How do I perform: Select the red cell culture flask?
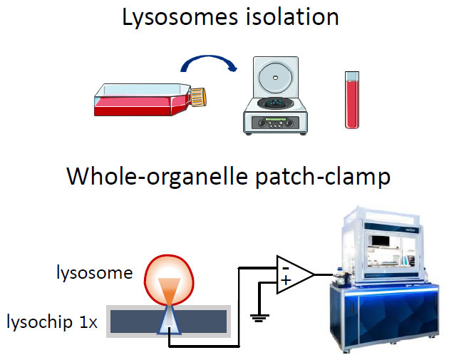(138, 101)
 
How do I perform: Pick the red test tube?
(351, 99)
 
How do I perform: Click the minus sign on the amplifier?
(284, 266)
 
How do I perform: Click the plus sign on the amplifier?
(285, 281)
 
